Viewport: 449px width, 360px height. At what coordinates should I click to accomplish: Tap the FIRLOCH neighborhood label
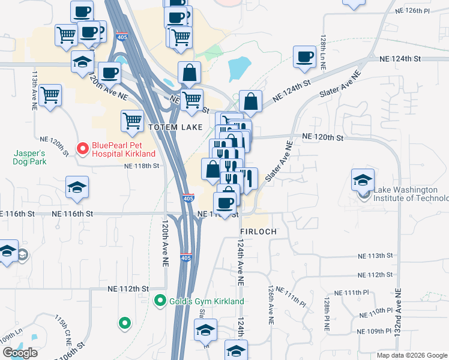(258, 231)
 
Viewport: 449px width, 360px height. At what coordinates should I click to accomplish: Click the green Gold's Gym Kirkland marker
(160, 301)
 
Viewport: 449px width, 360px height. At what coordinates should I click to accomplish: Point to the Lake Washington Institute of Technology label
(411, 194)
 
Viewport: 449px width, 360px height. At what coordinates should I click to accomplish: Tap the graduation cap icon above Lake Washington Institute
(363, 179)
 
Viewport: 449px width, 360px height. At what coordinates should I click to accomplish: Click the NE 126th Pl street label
(413, 11)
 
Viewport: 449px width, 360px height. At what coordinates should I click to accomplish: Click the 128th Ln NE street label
(323, 48)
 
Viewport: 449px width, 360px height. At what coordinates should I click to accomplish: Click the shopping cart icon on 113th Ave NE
(50, 94)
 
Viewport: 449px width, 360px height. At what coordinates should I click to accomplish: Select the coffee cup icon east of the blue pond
(304, 56)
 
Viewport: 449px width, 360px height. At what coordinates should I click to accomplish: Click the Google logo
(20, 353)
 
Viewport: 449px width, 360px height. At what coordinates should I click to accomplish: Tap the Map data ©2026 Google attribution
(412, 355)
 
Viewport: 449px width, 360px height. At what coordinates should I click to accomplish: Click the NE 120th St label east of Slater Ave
(323, 137)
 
